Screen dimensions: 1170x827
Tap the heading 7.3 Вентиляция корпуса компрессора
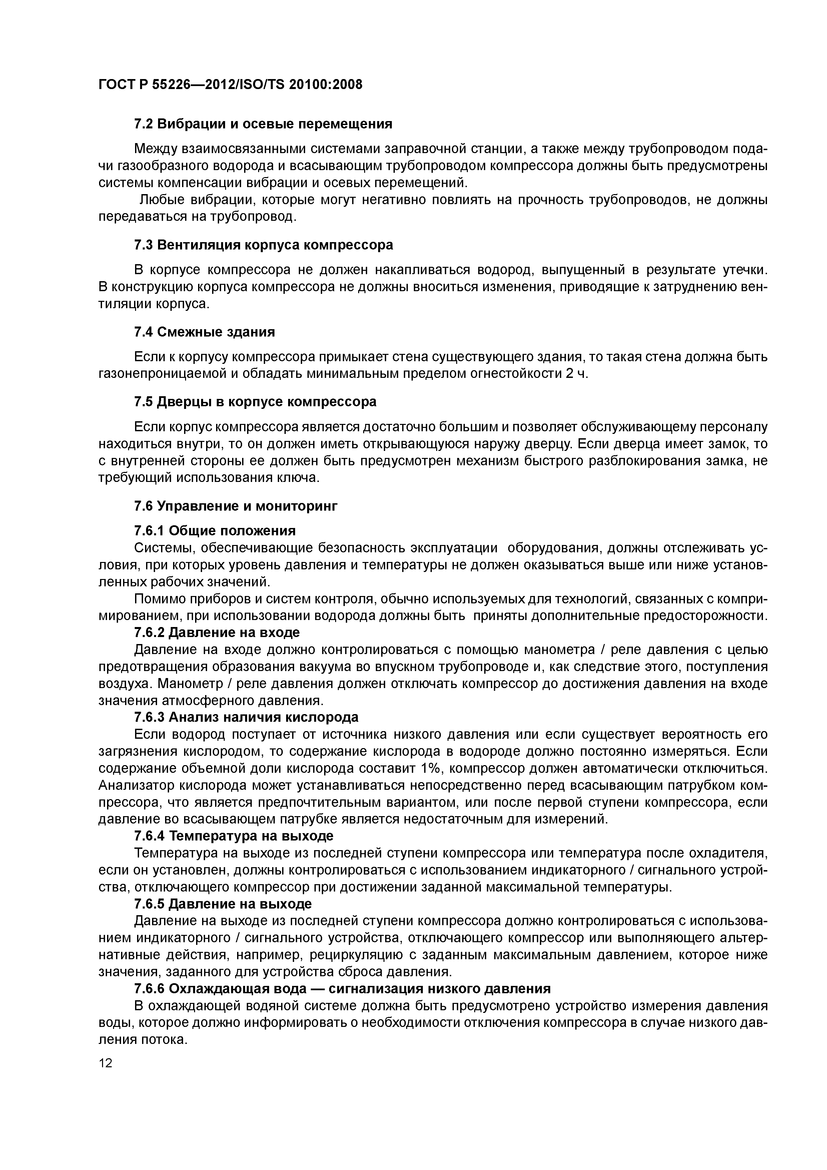click(x=263, y=245)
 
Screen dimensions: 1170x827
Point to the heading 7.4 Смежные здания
click(x=204, y=332)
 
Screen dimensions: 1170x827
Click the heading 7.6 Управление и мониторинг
click(x=236, y=506)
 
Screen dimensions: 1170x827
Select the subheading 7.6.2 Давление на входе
click(x=216, y=632)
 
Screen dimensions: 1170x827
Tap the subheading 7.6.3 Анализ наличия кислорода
click(x=246, y=717)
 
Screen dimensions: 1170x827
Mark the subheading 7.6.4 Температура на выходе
click(x=233, y=836)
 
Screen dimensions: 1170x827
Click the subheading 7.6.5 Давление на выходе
click(x=223, y=904)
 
